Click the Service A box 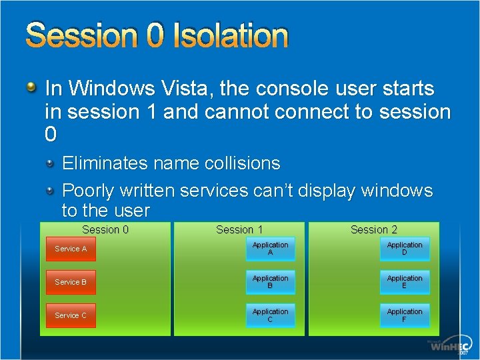click(71, 249)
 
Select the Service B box click(71, 282)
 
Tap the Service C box click(71, 315)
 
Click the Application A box click(270, 249)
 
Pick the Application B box click(270, 282)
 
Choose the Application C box click(270, 315)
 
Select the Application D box click(405, 249)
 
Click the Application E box click(405, 282)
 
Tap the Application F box click(405, 315)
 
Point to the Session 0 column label click(105, 229)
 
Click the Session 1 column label click(239, 229)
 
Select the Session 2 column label click(374, 229)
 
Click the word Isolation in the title click(230, 36)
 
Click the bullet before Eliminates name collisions click(51, 163)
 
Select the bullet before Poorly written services click(51, 191)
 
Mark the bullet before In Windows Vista click(31, 87)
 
